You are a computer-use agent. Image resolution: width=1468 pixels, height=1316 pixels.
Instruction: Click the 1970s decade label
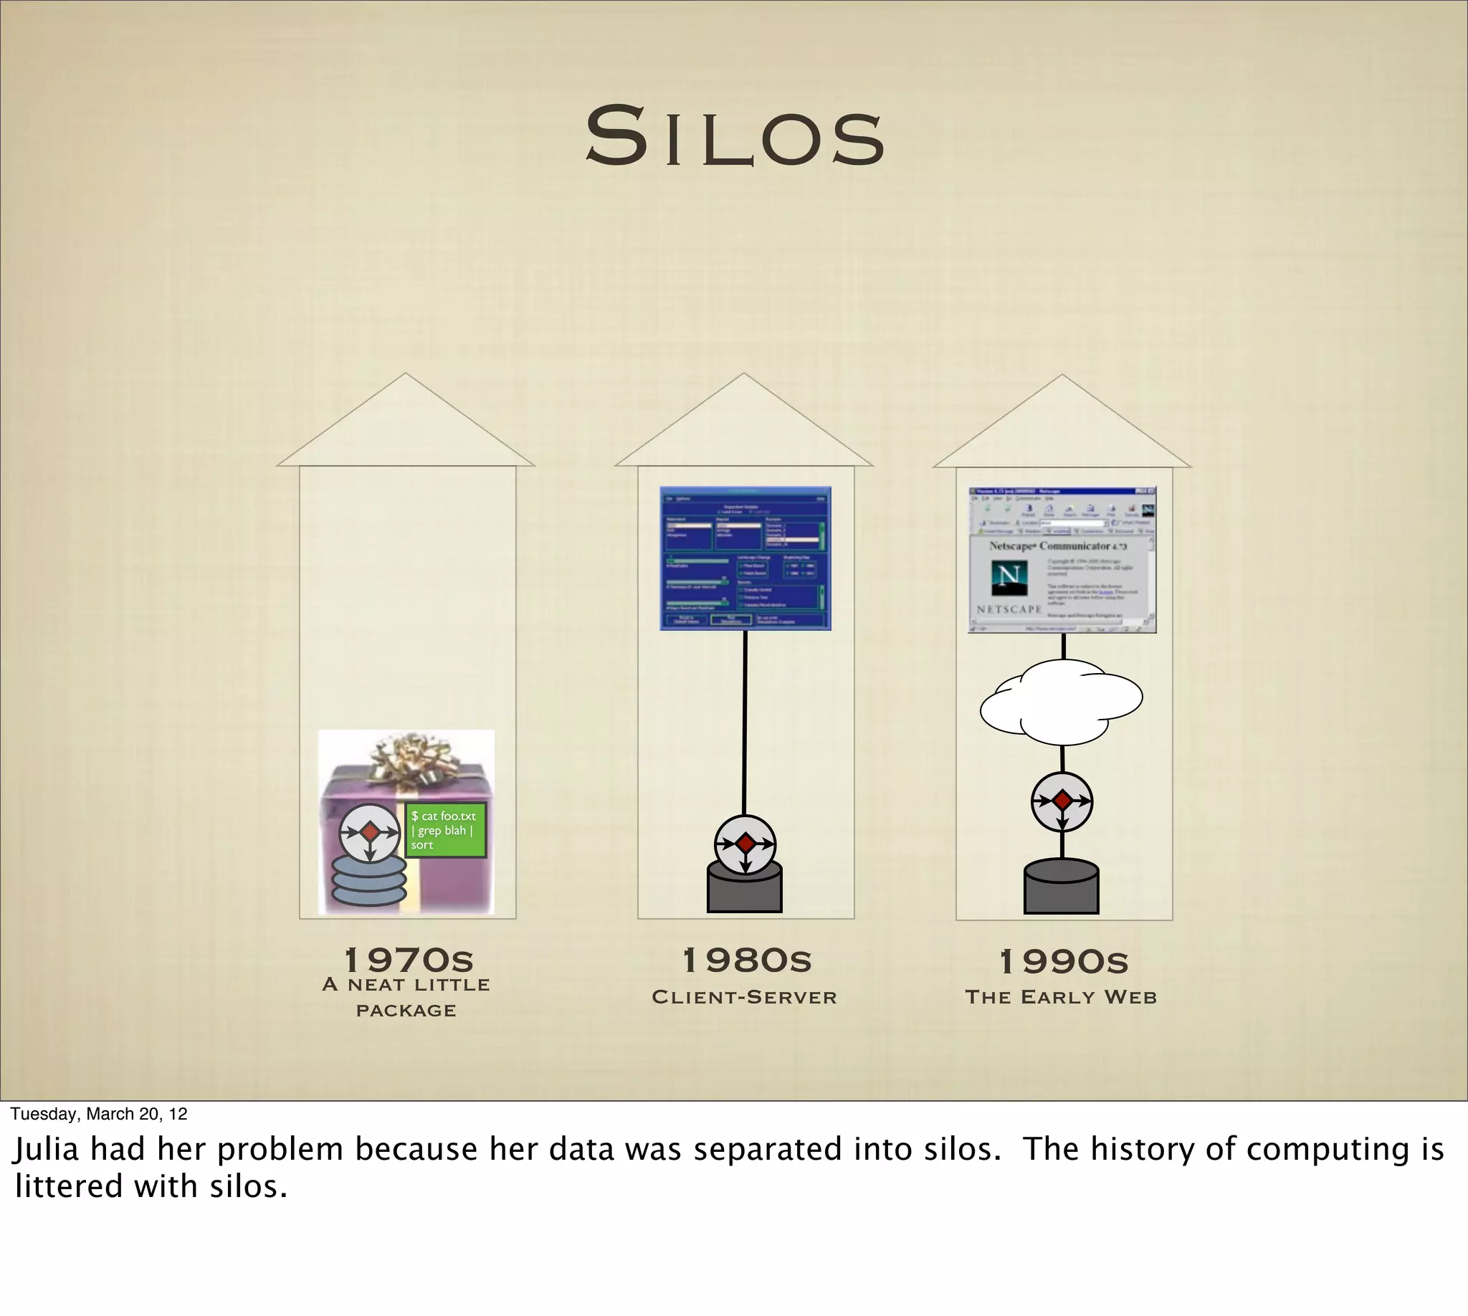(409, 960)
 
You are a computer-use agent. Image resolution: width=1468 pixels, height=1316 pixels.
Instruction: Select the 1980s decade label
(747, 960)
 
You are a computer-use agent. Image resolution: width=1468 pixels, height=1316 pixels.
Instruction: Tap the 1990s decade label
(1063, 962)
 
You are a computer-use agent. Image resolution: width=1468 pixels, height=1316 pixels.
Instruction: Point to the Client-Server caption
(744, 997)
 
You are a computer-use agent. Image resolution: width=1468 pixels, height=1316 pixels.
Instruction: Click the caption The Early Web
(1061, 997)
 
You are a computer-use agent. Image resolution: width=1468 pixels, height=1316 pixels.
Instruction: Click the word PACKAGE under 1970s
(406, 1011)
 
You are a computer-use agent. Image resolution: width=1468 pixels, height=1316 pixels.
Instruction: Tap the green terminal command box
(444, 830)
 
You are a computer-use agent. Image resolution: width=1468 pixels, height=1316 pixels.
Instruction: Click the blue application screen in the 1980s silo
(745, 558)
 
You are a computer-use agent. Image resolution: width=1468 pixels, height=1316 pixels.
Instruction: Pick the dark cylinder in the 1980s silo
(744, 891)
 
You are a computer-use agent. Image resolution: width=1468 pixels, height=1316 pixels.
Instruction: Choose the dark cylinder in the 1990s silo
(1061, 890)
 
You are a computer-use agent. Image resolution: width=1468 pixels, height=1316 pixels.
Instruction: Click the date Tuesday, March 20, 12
(98, 1114)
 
